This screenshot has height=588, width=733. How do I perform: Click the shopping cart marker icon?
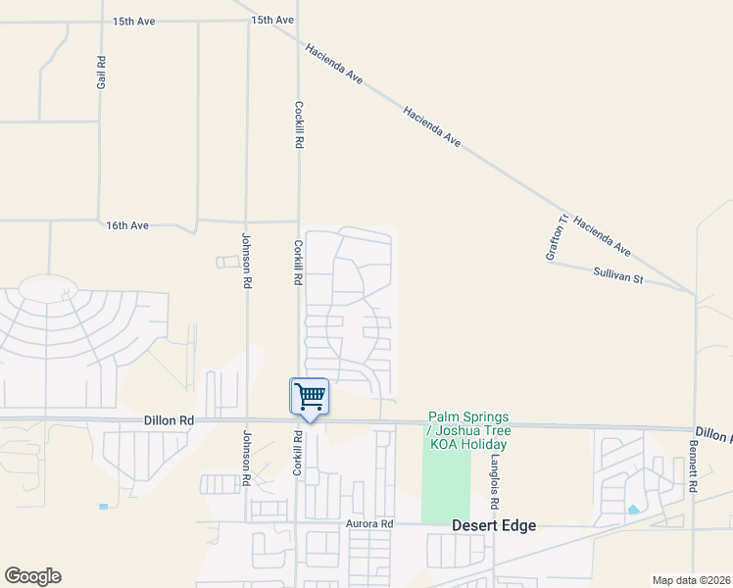(309, 398)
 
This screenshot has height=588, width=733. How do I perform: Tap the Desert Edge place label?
(494, 525)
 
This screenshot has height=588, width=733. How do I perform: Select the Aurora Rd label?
(368, 524)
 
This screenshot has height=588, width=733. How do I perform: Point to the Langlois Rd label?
(496, 482)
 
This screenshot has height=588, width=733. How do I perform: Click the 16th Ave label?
(127, 225)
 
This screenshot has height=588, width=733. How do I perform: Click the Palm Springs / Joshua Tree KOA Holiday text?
(467, 430)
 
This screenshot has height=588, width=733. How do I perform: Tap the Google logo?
(32, 576)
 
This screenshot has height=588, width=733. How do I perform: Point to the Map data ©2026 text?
(692, 580)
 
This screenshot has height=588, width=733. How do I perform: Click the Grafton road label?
(556, 237)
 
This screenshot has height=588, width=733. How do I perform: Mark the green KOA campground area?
(445, 485)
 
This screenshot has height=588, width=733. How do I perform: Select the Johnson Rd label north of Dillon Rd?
(247, 259)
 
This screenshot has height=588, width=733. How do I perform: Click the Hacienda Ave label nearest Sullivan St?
(602, 236)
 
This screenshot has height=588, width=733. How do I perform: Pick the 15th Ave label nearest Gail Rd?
(133, 21)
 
